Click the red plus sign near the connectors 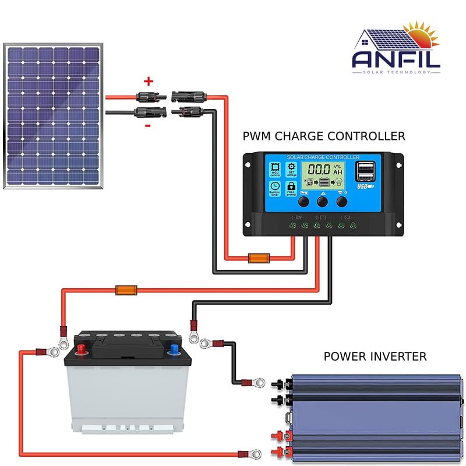pyautogui.click(x=148, y=81)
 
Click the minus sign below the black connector pyautogui.click(x=148, y=125)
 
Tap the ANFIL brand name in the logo pyautogui.click(x=396, y=58)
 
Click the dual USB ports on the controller pyautogui.click(x=366, y=171)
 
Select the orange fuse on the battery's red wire pyautogui.click(x=126, y=289)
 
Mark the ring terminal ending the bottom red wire pyautogui.click(x=255, y=452)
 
